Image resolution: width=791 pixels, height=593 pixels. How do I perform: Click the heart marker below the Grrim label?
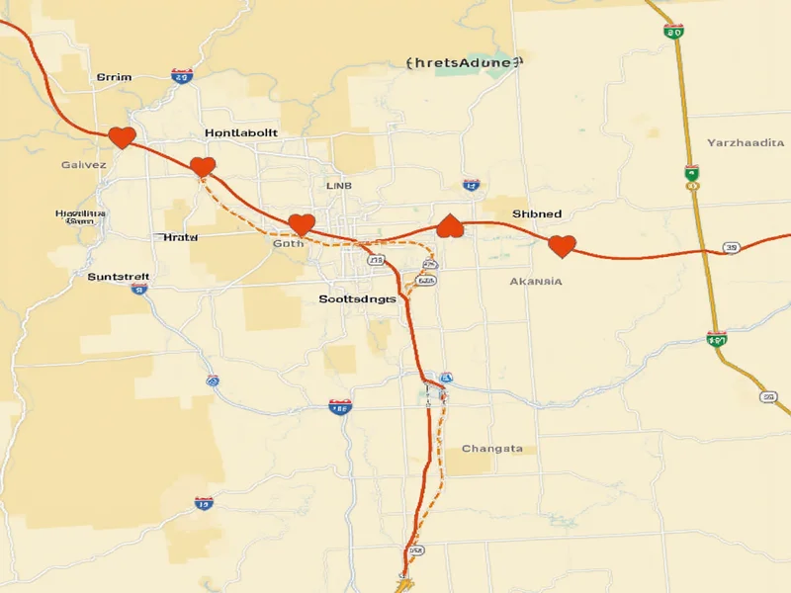pos(121,137)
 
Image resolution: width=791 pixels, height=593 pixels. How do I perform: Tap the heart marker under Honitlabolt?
pos(203,166)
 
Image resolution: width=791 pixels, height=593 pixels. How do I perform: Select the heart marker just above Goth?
pos(301,224)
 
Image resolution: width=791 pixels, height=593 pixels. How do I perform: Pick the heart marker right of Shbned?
pos(562,246)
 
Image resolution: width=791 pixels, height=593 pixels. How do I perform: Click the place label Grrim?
pos(114,76)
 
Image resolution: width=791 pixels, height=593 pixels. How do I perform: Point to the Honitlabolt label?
pos(241,131)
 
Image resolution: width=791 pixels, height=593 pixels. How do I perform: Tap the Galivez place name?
pos(83,165)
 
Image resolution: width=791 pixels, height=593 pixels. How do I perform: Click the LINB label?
pos(338,185)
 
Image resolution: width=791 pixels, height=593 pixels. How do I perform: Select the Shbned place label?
pos(537,213)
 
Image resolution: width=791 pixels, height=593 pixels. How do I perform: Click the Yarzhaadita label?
pos(746,143)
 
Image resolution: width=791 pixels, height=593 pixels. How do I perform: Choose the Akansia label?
pos(536,281)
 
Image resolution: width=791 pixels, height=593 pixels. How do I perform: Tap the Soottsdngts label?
pos(358,297)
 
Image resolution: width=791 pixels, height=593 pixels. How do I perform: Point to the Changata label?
pos(492,448)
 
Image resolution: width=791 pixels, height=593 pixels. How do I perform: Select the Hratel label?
pos(178,237)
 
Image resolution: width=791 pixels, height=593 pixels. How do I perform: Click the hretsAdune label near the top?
pos(462,62)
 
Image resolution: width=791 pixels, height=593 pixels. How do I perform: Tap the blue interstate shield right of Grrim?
pos(181,75)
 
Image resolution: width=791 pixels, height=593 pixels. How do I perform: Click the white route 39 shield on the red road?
pos(732,248)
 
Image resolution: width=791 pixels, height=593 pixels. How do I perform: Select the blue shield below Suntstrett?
pos(139,290)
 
